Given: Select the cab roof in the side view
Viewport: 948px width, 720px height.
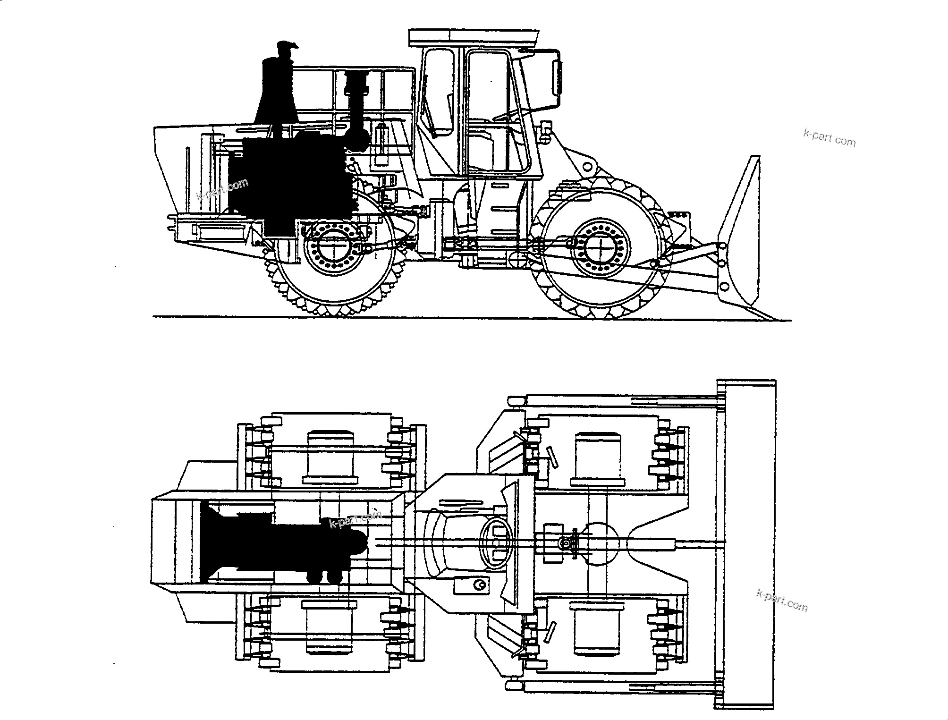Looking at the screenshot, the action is pos(474,37).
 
